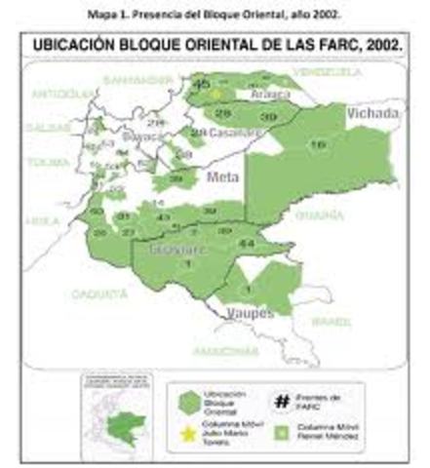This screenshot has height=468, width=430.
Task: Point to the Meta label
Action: pyautogui.click(x=223, y=176)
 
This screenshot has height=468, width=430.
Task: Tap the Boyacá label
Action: pyautogui.click(x=142, y=137)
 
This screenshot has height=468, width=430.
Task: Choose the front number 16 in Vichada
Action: pyautogui.click(x=318, y=144)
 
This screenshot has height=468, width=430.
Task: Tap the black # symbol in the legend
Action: pyautogui.click(x=282, y=400)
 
